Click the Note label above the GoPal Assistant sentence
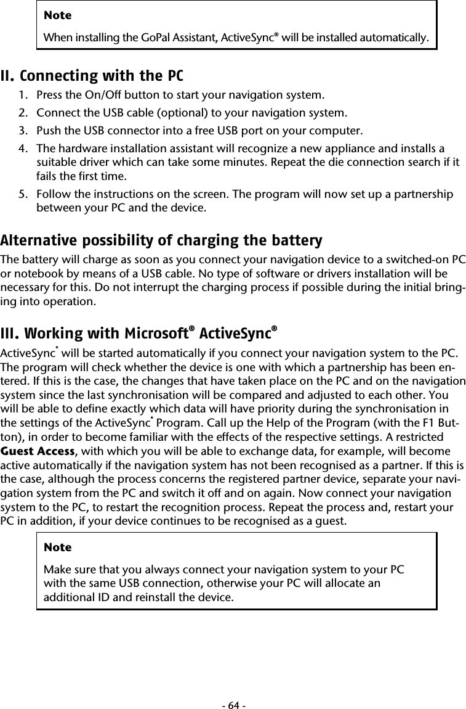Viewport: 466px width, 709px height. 57,15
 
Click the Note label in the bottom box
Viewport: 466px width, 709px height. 57,547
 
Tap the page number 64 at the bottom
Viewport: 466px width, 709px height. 233,703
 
